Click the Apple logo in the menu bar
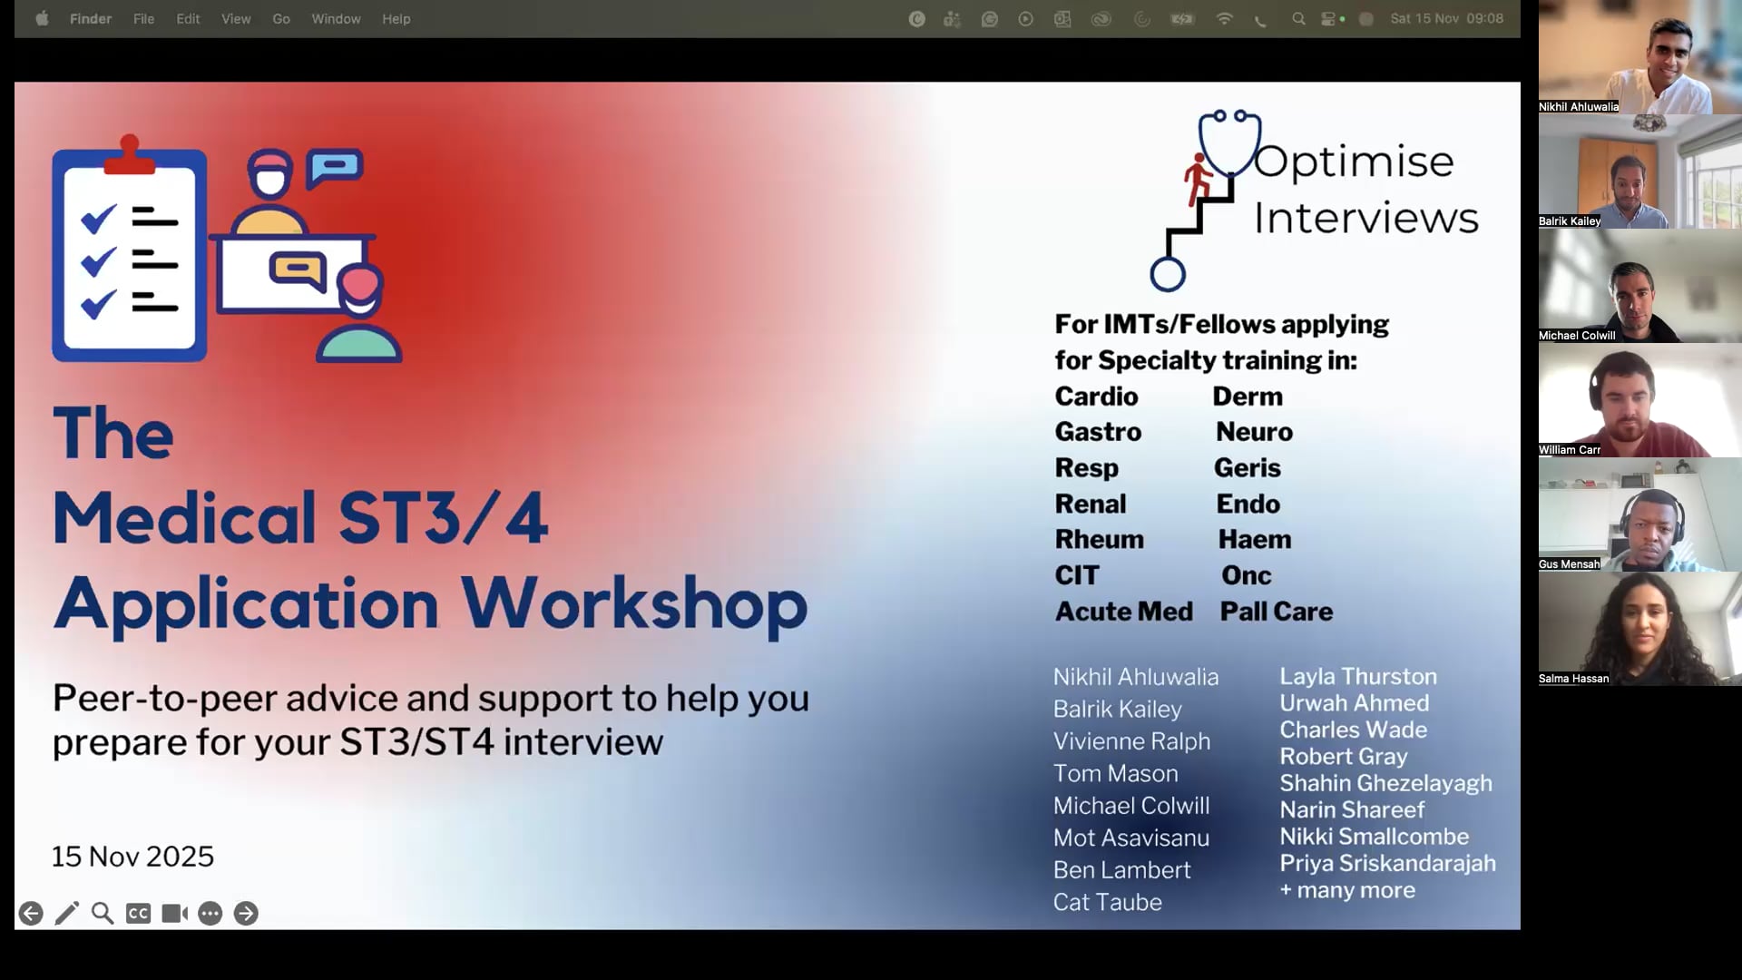click(42, 18)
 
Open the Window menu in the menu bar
click(336, 18)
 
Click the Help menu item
click(396, 18)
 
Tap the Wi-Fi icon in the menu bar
click(1224, 18)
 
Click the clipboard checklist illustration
click(129, 249)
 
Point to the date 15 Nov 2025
click(132, 856)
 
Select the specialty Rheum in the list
click(1099, 539)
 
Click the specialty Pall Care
click(1277, 611)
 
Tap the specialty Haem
click(1255, 539)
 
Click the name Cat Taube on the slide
click(1107, 902)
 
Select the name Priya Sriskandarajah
click(1387, 863)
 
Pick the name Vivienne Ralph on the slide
click(1131, 741)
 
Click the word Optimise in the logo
click(1354, 162)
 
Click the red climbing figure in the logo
click(1198, 178)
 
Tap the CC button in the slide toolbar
click(138, 913)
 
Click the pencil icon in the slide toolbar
click(66, 913)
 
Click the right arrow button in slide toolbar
click(246, 913)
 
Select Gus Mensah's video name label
click(1569, 563)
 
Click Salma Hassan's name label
click(1573, 678)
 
